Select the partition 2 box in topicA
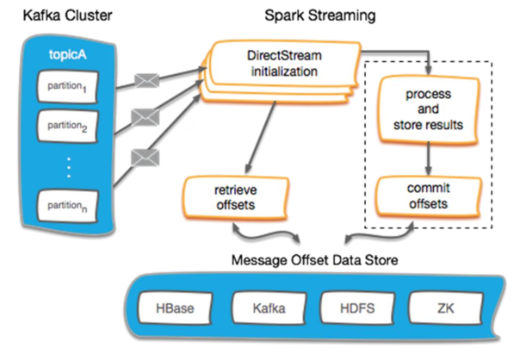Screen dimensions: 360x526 click(69, 127)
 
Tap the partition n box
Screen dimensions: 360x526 click(69, 206)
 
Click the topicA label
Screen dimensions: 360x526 click(69, 57)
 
